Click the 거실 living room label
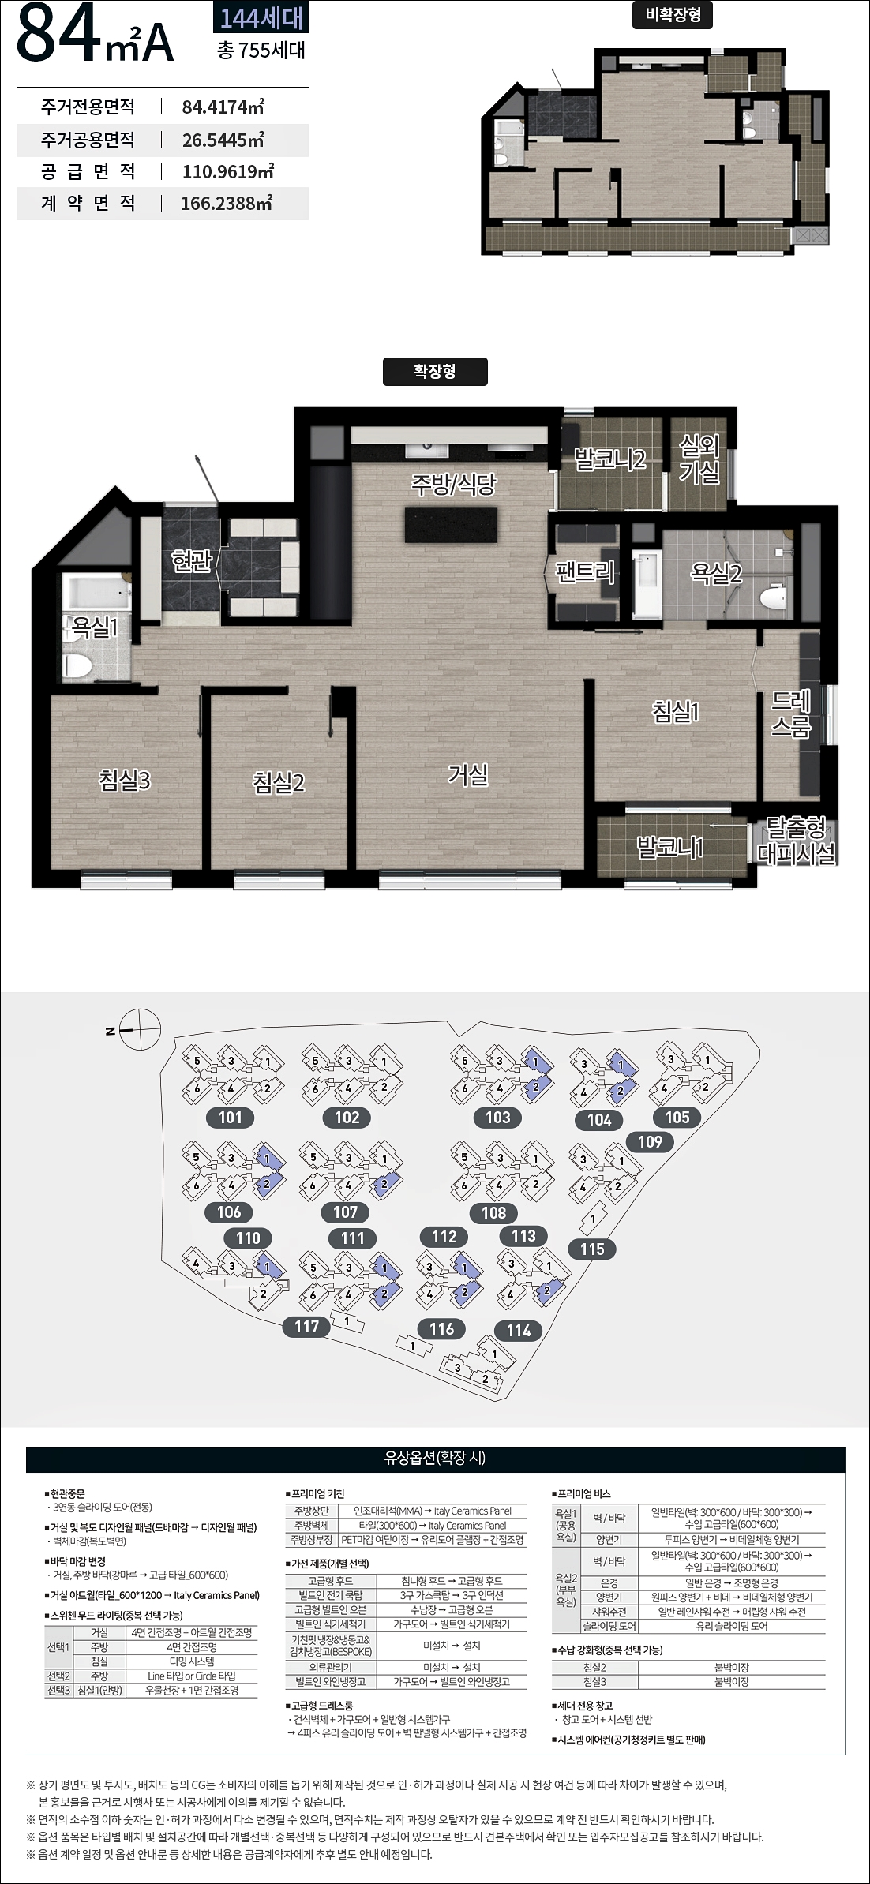point(468,775)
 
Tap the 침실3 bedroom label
point(124,780)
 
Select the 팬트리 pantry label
point(585,571)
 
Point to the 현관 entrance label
point(192,560)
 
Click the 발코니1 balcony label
point(669,848)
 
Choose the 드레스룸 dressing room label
point(791,714)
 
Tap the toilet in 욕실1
point(77,664)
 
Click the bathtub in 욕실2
point(646,585)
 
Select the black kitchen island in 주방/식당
point(451,525)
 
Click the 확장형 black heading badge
point(435,372)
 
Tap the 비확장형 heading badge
point(673,15)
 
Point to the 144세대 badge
point(261,17)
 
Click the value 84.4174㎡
point(223,107)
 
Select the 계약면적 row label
point(88,203)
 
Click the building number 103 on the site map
point(497,1117)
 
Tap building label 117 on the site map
point(306,1327)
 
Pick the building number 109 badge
point(650,1141)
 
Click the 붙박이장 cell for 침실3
point(732,1682)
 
